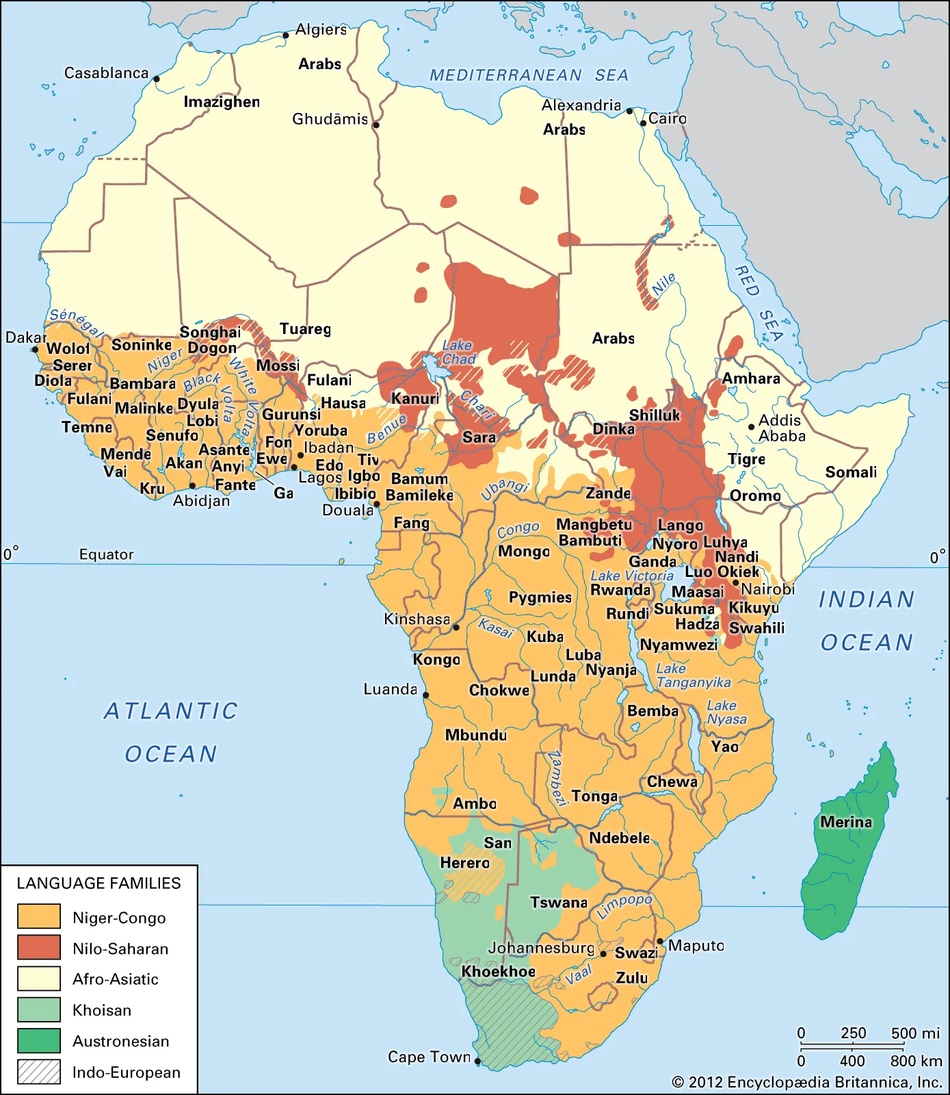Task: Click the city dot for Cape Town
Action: pos(477,1062)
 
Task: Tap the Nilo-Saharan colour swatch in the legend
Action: pos(39,948)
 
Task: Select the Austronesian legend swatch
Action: pos(39,1040)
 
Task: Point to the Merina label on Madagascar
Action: pos(846,822)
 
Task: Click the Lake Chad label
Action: pos(458,352)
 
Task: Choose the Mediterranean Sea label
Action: pos(529,75)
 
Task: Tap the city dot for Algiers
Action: pos(286,36)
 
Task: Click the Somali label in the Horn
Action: pos(851,472)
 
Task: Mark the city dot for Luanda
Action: pos(425,695)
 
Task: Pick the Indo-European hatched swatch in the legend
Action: pos(39,1072)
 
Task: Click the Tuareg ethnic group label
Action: pos(305,329)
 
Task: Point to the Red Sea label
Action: pos(758,302)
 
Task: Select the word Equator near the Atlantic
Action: pos(107,554)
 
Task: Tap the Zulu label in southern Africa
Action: pos(631,978)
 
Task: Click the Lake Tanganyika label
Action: pos(692,675)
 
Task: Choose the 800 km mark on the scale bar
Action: pos(916,1061)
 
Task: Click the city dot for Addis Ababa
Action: pos(751,427)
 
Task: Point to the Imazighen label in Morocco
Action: pos(222,102)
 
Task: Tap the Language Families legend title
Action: pos(98,883)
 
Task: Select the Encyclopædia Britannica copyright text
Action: pos(807,1082)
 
